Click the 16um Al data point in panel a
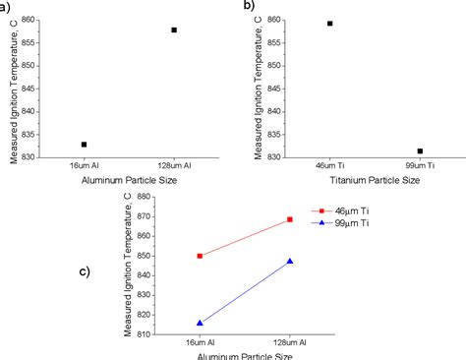tap(84, 145)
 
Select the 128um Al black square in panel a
tap(174, 30)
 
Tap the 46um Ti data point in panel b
tap(329, 24)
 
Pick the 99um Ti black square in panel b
tap(420, 151)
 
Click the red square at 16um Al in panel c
tap(200, 256)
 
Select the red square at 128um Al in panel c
tap(290, 219)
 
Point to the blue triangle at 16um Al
tap(200, 323)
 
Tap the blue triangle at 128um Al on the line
tap(290, 261)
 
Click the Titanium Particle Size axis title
tap(374, 180)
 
